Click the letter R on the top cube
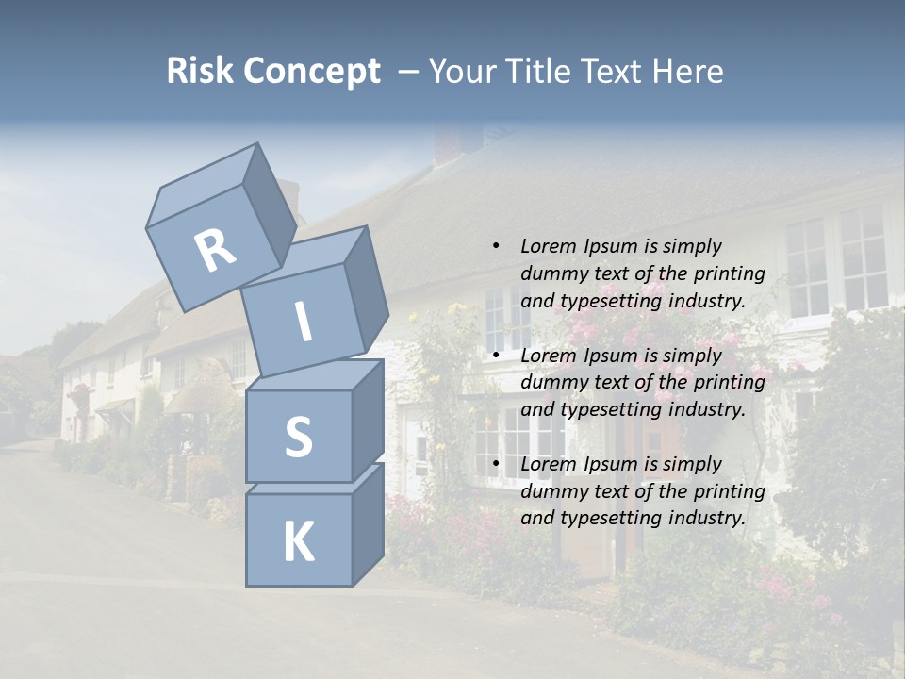pos(215,250)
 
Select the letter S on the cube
pos(298,436)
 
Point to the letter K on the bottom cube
pos(299,541)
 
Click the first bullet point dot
pos(495,246)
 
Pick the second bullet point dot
pos(495,356)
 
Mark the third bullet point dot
pos(495,464)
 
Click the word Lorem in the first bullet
pos(547,246)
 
